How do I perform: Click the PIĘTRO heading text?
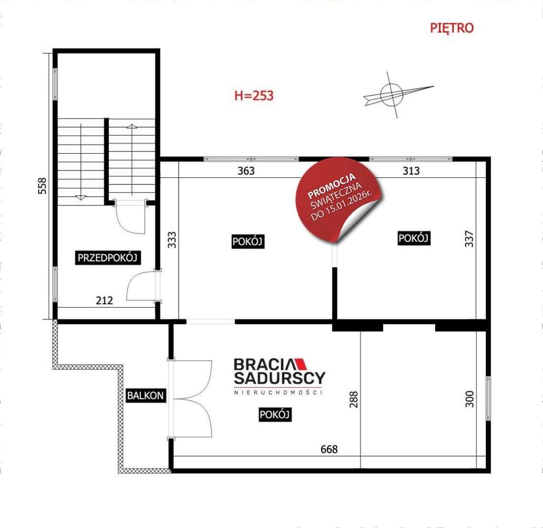452,29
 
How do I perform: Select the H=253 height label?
254,96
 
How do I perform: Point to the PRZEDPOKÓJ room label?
108,258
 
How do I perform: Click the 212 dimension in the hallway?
105,301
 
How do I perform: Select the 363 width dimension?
246,171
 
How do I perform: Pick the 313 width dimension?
411,171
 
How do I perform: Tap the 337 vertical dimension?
470,239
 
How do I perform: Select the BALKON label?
145,395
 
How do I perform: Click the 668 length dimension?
329,449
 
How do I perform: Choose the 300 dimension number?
470,399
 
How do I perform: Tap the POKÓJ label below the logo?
275,415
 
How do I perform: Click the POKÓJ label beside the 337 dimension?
414,239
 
